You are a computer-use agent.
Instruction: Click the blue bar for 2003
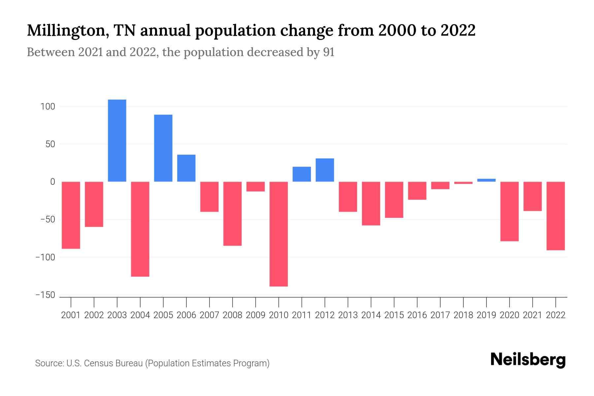pos(117,141)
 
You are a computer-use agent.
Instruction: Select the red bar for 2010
pos(279,234)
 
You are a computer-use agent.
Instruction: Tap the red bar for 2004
pos(140,229)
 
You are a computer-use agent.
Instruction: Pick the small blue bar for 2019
pos(486,180)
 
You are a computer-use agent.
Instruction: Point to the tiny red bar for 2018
pos(463,183)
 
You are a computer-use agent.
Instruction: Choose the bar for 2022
pos(556,216)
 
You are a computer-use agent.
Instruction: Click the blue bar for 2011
pos(302,174)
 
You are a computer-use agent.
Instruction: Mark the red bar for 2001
pos(71,215)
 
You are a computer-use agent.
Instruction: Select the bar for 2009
pos(255,186)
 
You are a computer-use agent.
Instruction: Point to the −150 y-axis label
pos(45,295)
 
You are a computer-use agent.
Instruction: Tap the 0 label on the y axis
pos(52,182)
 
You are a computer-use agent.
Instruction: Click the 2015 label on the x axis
pos(394,315)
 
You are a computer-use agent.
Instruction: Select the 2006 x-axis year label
pos(186,315)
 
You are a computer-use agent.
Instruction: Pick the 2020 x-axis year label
pos(510,315)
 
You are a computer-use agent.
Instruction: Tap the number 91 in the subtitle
pos(329,52)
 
